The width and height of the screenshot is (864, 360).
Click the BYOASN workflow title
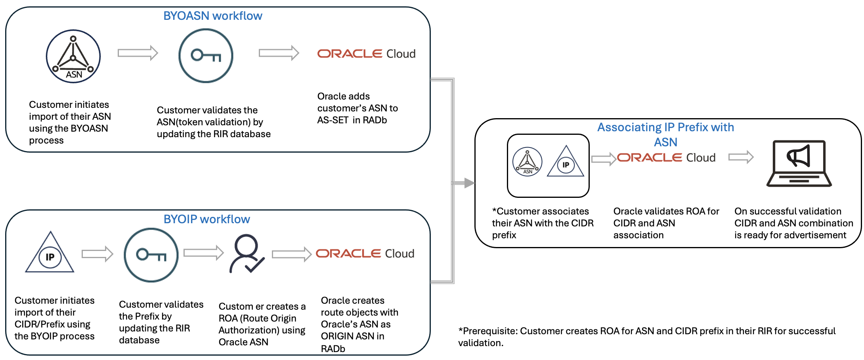click(212, 16)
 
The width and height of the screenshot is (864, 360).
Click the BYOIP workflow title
click(206, 219)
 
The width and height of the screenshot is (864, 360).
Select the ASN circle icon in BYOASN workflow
click(73, 56)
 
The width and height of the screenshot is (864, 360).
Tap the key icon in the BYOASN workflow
click(206, 56)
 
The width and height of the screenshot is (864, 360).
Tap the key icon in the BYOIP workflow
click(151, 255)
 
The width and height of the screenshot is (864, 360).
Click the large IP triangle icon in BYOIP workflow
click(50, 254)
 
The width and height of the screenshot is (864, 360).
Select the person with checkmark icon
click(246, 254)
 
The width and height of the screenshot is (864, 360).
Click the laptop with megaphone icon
click(799, 163)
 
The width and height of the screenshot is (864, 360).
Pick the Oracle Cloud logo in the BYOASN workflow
click(366, 54)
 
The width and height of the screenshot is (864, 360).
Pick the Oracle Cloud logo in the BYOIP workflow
click(365, 253)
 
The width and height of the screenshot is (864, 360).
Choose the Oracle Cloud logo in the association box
click(666, 158)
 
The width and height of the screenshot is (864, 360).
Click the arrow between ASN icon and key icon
click(138, 53)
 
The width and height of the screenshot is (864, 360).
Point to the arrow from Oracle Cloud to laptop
click(741, 157)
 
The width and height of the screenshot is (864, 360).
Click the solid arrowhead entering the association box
click(469, 183)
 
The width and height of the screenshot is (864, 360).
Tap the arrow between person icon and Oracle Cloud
click(291, 254)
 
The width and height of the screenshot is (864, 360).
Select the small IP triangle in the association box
click(566, 163)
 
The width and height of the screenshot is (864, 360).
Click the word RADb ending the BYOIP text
click(333, 349)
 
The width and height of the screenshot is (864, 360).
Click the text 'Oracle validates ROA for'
click(666, 211)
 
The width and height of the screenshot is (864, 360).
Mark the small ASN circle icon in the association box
click(527, 162)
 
